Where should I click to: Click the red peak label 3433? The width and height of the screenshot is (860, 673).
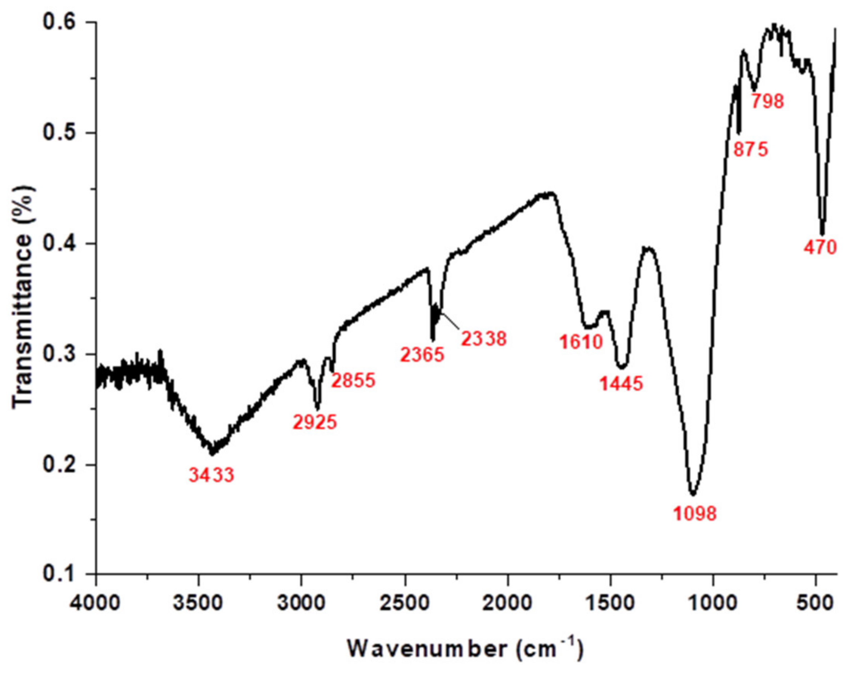click(x=212, y=475)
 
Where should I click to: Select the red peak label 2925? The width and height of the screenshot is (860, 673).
click(x=315, y=422)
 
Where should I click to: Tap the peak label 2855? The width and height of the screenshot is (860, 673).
click(x=353, y=381)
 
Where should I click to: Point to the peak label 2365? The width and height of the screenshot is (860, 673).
click(x=422, y=355)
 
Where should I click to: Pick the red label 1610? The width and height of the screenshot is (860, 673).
click(x=581, y=342)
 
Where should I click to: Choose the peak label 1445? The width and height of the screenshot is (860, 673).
click(x=622, y=383)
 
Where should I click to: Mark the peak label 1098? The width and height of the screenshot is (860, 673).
click(x=695, y=514)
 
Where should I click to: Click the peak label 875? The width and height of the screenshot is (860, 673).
click(x=751, y=150)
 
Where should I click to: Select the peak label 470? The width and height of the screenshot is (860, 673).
click(x=820, y=248)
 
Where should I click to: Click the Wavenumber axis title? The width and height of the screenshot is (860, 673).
click(x=465, y=649)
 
